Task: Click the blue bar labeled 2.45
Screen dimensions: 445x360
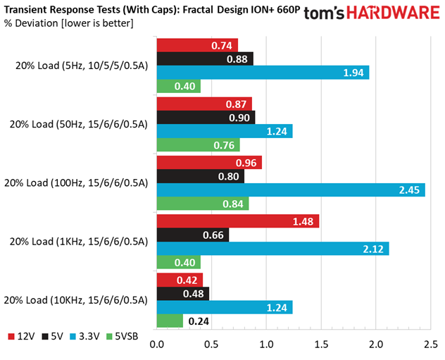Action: pyautogui.click(x=291, y=190)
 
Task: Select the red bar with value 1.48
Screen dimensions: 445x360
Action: pyautogui.click(x=238, y=221)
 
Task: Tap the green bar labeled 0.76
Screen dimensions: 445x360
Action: pyautogui.click(x=198, y=145)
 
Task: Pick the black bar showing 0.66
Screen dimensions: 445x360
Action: pyautogui.click(x=193, y=235)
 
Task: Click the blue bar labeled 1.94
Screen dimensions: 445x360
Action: pyautogui.click(x=263, y=73)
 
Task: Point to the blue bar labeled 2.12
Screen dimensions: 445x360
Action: pyautogui.click(x=272, y=249)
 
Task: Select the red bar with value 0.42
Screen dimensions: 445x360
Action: pyautogui.click(x=180, y=280)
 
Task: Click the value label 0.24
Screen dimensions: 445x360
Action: pyautogui.click(x=199, y=321)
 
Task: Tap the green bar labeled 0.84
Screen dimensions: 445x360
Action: pyautogui.click(x=203, y=204)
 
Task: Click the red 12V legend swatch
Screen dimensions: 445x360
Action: pyautogui.click(x=11, y=337)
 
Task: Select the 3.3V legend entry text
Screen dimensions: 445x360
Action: pyautogui.click(x=89, y=337)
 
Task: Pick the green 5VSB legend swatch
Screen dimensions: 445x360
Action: pyautogui.click(x=109, y=337)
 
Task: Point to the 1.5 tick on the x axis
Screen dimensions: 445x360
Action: pyautogui.click(x=321, y=345)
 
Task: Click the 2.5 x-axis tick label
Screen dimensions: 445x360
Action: pyautogui.click(x=430, y=345)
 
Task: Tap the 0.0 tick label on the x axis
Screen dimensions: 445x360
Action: pyautogui.click(x=156, y=345)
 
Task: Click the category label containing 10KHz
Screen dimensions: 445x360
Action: pyautogui.click(x=76, y=300)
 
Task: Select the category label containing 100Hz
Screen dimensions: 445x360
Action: pyautogui.click(x=76, y=183)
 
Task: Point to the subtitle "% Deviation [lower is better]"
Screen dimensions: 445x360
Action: pyautogui.click(x=69, y=23)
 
